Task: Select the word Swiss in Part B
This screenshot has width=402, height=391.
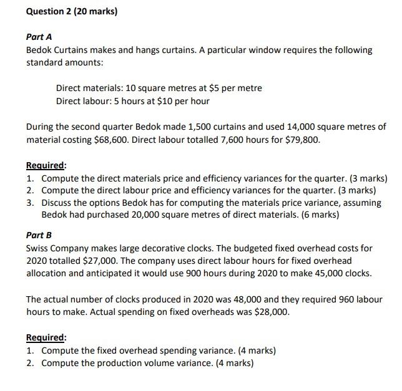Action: click(x=38, y=248)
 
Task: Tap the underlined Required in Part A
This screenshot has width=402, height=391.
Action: click(x=46, y=166)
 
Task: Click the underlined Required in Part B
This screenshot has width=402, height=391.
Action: click(x=46, y=338)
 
